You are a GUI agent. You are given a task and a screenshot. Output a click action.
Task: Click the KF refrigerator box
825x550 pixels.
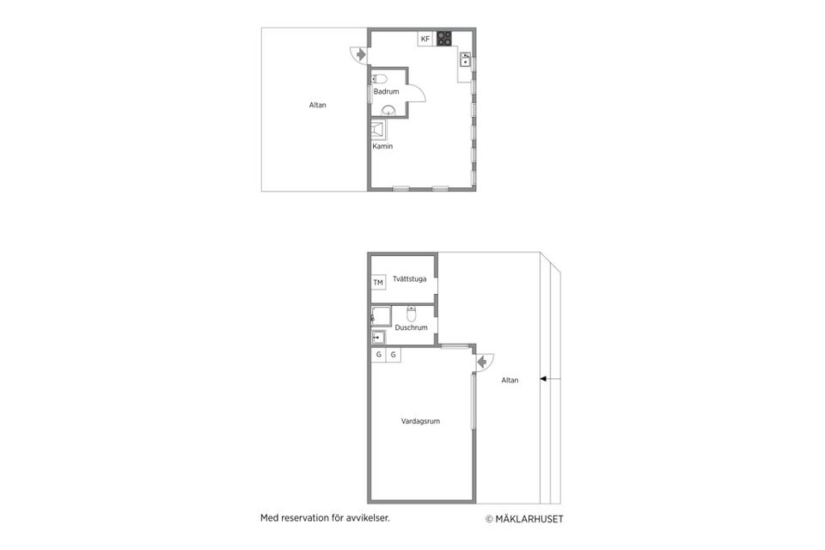click(425, 39)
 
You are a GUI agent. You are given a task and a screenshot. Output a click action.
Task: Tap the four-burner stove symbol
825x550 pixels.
click(444, 38)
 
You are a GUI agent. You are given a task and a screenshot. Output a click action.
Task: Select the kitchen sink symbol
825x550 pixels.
click(465, 59)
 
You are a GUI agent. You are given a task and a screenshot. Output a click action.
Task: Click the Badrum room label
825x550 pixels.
click(386, 92)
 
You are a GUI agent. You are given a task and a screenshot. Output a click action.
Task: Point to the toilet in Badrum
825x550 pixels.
click(379, 79)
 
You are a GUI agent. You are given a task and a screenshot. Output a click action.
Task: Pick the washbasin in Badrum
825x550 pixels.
click(388, 111)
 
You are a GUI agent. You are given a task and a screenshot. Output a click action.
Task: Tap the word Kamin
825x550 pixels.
click(382, 146)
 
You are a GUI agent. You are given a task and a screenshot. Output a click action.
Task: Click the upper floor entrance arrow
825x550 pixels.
click(360, 54)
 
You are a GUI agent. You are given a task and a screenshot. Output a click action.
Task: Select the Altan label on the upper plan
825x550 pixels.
click(317, 105)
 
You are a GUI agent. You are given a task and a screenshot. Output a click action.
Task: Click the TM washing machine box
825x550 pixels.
click(378, 283)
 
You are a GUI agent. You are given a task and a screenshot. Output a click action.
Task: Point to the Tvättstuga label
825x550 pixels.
click(409, 279)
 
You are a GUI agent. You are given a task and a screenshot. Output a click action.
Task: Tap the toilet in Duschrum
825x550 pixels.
click(412, 314)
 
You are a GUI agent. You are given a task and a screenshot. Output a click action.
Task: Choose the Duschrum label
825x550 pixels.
click(411, 327)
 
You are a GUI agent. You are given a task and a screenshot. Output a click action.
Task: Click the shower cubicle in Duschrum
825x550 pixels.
click(381, 315)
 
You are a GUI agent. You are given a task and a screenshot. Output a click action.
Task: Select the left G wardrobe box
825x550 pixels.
click(378, 355)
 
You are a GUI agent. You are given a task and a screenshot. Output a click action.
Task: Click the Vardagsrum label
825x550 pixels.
click(420, 421)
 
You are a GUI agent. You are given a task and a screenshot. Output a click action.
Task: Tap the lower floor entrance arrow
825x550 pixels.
click(481, 362)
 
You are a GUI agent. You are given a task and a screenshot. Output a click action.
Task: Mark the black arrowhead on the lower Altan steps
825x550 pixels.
click(543, 378)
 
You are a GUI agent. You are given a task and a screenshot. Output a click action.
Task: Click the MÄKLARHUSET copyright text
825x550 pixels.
click(524, 519)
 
